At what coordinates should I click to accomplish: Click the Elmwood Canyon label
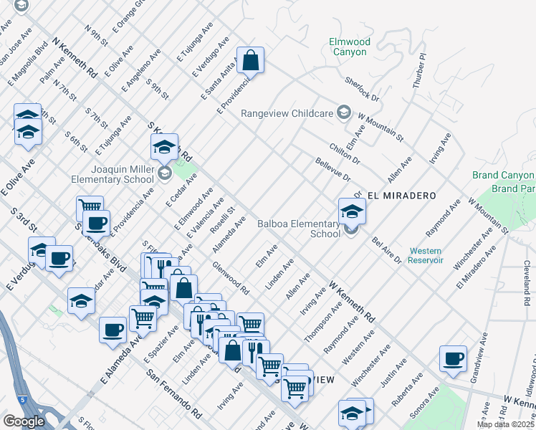coord(350,47)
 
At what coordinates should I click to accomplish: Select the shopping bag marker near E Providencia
coord(251,62)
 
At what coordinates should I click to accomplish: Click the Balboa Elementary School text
coord(299,229)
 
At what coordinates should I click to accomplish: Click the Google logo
coord(24,421)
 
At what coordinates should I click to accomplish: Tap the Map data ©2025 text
coord(505,424)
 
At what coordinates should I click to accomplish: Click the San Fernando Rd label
coord(173,394)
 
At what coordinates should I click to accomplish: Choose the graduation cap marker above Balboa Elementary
coord(352,211)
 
